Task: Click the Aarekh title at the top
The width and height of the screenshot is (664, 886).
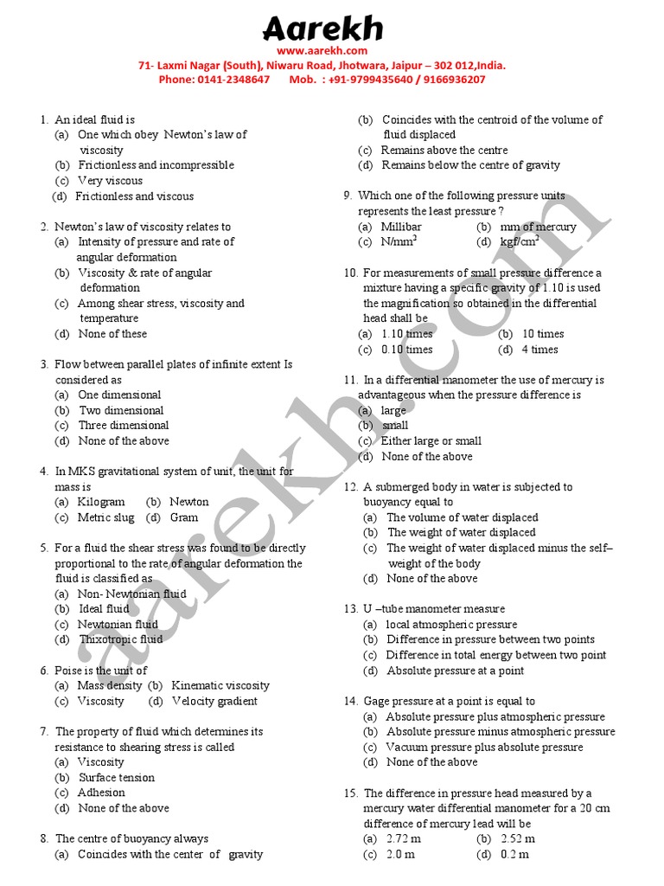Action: point(322,29)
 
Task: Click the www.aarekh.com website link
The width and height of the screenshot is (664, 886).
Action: point(322,51)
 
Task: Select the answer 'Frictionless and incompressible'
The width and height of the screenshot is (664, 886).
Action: point(156,165)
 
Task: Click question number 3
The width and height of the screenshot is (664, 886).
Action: point(43,364)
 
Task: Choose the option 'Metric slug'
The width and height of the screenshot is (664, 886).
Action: point(105,517)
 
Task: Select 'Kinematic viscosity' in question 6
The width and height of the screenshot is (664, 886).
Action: point(220,685)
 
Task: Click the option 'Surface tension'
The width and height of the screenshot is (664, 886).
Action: point(116,777)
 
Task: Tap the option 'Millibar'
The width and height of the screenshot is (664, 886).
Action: point(400,227)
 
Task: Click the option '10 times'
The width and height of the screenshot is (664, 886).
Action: point(542,334)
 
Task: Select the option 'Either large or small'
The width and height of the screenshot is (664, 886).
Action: point(431,441)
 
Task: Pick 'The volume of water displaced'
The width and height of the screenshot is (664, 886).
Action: point(462,517)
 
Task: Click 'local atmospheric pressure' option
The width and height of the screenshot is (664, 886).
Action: point(451,625)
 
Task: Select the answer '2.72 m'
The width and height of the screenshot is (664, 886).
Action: point(399,838)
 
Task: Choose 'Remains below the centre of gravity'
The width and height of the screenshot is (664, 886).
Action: point(470,165)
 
